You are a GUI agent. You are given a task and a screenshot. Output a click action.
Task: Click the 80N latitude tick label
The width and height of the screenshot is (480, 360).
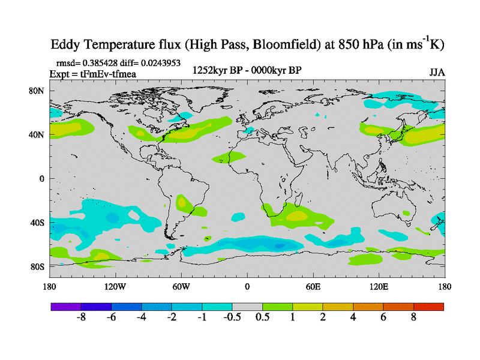38,91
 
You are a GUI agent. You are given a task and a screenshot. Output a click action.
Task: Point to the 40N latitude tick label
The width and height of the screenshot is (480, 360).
38,134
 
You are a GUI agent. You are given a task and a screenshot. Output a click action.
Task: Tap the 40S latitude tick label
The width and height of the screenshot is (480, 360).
38,223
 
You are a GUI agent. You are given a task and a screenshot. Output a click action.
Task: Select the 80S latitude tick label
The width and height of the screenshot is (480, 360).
38,266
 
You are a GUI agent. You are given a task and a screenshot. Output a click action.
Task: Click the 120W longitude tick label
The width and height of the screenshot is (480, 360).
115,287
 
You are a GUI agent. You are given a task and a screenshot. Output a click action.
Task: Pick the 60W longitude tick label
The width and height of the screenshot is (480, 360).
181,287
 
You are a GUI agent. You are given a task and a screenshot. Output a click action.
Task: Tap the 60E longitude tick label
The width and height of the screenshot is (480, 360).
313,287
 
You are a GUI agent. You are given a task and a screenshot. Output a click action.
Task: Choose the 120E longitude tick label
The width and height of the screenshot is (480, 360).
379,287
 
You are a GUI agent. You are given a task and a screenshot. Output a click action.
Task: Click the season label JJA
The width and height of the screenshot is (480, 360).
437,72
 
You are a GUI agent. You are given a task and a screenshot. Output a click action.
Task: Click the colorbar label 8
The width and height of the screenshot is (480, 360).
413,318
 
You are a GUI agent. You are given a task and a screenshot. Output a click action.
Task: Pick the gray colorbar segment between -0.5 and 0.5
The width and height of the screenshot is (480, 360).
247,307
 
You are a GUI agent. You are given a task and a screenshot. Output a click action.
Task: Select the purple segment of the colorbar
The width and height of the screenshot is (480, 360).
66,307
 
